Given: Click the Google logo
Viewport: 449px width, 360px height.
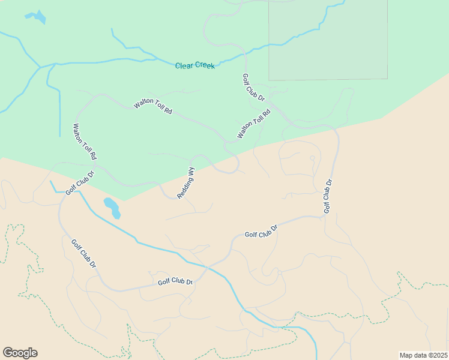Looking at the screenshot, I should [20, 353].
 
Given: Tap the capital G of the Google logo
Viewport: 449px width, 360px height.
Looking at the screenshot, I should [8, 353].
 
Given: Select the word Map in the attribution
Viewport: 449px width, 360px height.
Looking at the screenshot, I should [406, 355].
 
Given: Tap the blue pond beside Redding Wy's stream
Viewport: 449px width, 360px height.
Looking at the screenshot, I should [112, 208].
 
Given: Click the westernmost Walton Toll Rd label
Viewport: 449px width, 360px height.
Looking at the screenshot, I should [85, 142].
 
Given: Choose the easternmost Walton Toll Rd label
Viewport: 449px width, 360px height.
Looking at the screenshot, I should [254, 124].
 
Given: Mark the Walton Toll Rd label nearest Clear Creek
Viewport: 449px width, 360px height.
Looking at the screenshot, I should [153, 107].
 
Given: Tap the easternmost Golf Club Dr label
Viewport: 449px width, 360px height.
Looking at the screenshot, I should [328, 196].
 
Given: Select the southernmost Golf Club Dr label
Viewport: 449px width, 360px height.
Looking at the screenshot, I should [175, 281].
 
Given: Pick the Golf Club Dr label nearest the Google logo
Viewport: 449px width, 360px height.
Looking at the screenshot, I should [83, 254].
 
